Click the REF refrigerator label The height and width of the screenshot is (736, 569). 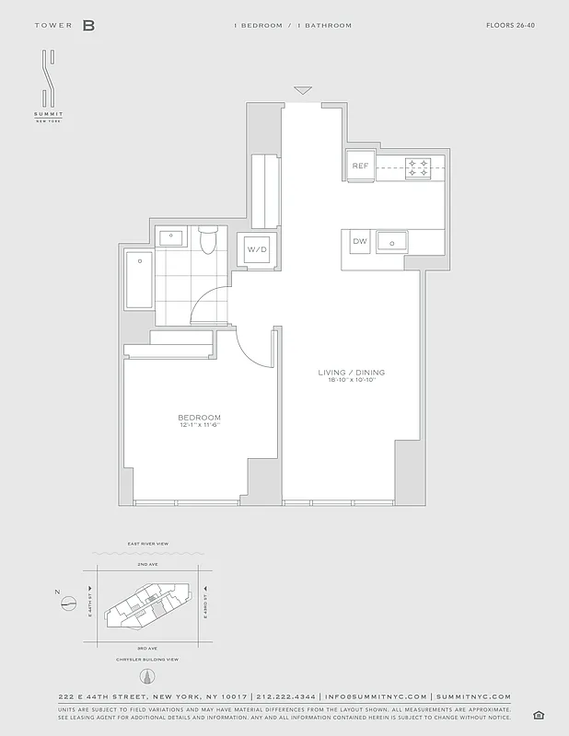click(x=360, y=167)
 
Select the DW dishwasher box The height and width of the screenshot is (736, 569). click(x=359, y=241)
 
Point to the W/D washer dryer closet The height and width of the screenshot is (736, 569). click(x=255, y=249)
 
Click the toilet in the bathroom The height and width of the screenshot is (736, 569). click(x=208, y=239)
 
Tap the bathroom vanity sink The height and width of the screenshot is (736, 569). click(x=173, y=237)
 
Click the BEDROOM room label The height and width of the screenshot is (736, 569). click(x=200, y=418)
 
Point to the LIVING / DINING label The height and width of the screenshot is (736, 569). click(x=352, y=373)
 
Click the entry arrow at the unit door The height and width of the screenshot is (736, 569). click(x=302, y=90)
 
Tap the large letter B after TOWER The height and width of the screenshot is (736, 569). click(x=88, y=26)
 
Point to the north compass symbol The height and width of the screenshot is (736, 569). click(x=66, y=604)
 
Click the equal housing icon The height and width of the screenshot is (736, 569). click(x=539, y=715)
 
